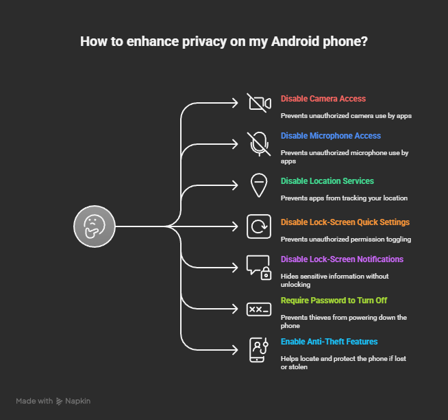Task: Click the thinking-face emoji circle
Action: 95,226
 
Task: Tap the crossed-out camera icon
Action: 259,103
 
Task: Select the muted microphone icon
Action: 259,144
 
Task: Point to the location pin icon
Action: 259,185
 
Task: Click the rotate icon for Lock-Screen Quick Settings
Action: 259,226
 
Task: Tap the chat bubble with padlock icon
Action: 259,268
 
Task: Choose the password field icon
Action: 259,310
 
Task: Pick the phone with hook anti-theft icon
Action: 259,350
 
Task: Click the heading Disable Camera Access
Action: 323,99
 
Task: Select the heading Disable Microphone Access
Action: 331,136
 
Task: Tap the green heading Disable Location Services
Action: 327,181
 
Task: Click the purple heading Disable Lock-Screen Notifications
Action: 342,259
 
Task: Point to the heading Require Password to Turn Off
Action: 334,301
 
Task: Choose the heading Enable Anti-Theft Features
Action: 329,342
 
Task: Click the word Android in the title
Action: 295,41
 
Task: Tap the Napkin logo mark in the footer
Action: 59,401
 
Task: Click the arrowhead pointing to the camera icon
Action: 235,103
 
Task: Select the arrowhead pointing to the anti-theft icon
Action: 235,350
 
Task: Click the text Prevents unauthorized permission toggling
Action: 346,240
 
